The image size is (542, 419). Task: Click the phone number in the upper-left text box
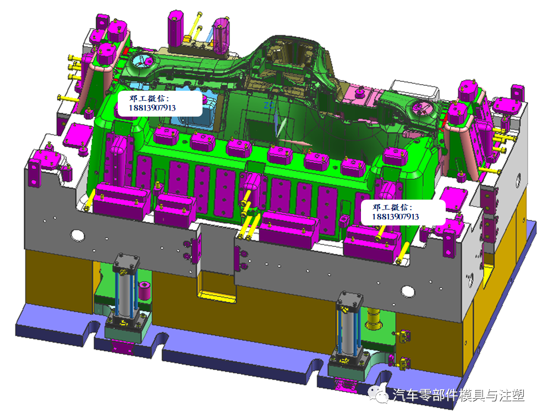point(152,108)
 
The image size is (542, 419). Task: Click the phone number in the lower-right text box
point(396,217)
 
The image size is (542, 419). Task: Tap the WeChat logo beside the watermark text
point(378,394)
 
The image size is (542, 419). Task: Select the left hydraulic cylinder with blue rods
point(127,290)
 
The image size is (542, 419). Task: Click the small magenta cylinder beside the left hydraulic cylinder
point(144,291)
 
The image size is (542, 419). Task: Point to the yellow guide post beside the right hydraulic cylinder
point(373,318)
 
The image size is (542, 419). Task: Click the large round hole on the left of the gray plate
point(78,235)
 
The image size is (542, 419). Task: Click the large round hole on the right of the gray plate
point(408,291)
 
